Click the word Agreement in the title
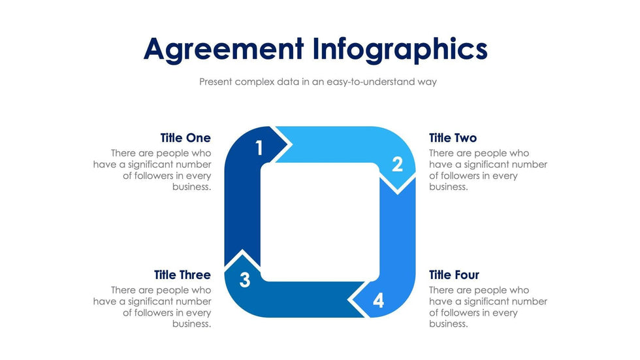coord(223,49)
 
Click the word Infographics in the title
coord(400,49)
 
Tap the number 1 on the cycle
coord(259,148)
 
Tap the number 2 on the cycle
coord(397,165)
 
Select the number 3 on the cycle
coord(244,280)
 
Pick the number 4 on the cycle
coord(379,301)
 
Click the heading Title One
coord(185,138)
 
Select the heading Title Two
coord(453,138)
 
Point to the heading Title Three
coord(182,275)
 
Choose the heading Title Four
coord(454,275)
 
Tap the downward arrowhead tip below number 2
coord(397,193)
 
